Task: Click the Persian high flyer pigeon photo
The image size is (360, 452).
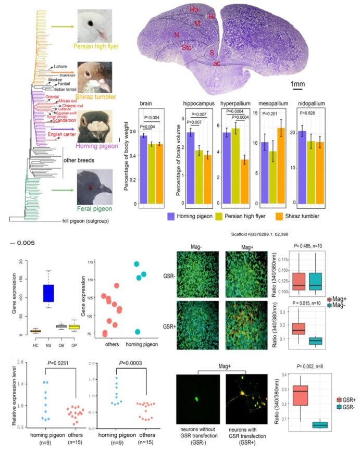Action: pos(97,24)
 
